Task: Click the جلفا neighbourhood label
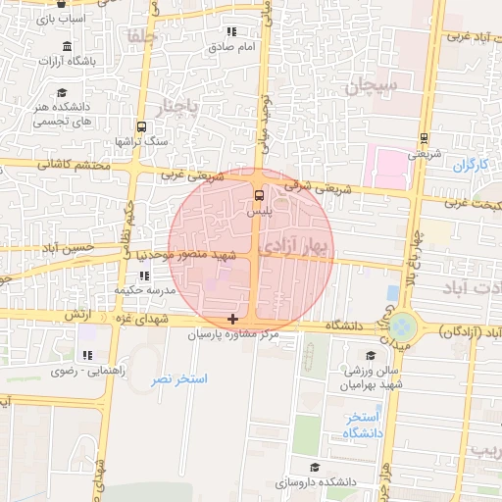(x=141, y=37)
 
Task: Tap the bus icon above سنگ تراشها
(x=142, y=126)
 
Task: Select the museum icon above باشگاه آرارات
(x=66, y=48)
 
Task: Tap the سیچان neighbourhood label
(x=372, y=86)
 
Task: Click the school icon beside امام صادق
(x=231, y=32)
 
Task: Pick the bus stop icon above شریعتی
(x=424, y=137)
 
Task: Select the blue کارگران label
(x=471, y=164)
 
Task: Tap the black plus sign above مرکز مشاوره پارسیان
(x=232, y=319)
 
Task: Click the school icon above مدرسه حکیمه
(x=144, y=276)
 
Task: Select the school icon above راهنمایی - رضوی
(x=87, y=355)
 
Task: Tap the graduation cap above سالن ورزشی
(x=371, y=356)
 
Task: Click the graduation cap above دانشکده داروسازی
(x=314, y=468)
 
